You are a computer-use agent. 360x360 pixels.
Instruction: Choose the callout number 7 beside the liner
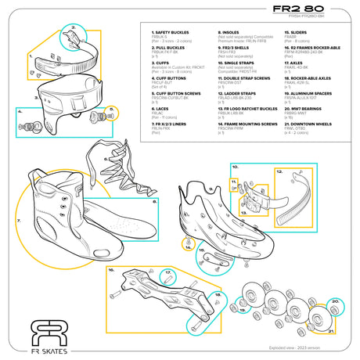[x=18, y=221]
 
